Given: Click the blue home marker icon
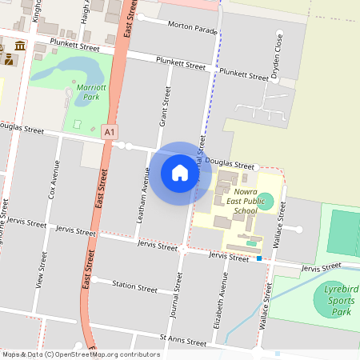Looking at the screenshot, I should tap(180, 172).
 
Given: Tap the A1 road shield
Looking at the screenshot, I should tap(110, 132).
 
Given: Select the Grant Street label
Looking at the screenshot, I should tap(165, 110).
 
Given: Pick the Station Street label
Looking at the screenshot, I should tap(134, 286).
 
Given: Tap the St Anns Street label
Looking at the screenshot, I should tap(182, 342).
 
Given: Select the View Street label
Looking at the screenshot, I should tap(40, 270).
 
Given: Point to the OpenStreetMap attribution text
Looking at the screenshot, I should tap(80, 354).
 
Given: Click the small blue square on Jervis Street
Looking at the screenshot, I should tap(259, 258).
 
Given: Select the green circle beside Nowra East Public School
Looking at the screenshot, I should tap(265, 198).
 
